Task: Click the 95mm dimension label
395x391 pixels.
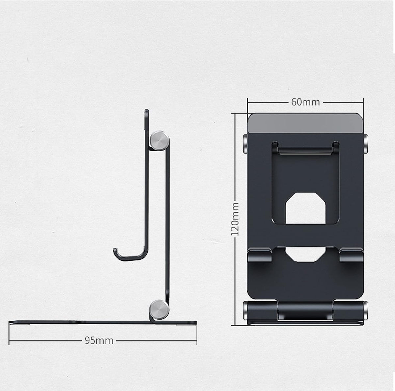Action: point(99,340)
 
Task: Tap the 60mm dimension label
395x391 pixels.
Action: point(305,102)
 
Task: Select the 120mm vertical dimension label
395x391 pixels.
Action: point(235,219)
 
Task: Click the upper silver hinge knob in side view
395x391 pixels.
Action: point(159,141)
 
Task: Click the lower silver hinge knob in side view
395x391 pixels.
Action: point(159,310)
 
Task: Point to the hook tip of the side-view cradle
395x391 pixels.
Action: point(115,250)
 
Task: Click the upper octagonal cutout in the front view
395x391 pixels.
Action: point(305,208)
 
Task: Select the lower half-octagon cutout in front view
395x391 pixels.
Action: point(305,254)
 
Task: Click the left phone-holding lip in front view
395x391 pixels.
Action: point(260,255)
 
